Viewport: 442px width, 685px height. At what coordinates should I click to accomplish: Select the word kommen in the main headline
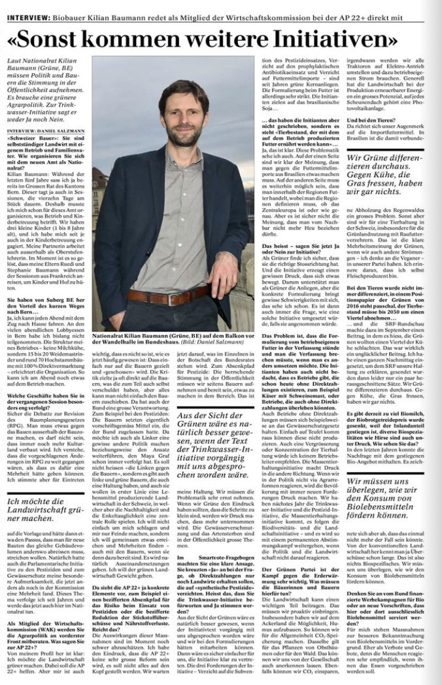click(160, 39)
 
